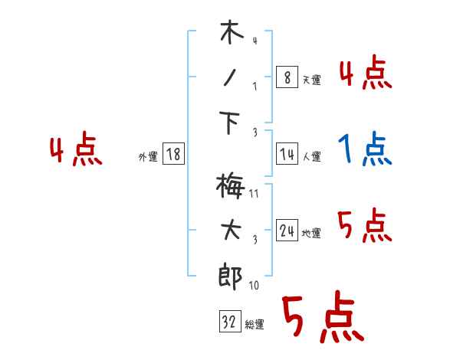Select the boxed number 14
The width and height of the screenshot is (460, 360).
[286, 154]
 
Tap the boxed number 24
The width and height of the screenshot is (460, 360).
[286, 231]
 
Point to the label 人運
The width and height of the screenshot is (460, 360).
[311, 156]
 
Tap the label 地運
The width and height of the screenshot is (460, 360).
[311, 233]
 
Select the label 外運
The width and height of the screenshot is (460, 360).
[147, 157]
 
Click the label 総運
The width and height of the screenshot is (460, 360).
[254, 325]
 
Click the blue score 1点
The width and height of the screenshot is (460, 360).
[365, 149]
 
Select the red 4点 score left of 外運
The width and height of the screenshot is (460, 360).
[76, 150]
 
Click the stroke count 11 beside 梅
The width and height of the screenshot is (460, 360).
[254, 194]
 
